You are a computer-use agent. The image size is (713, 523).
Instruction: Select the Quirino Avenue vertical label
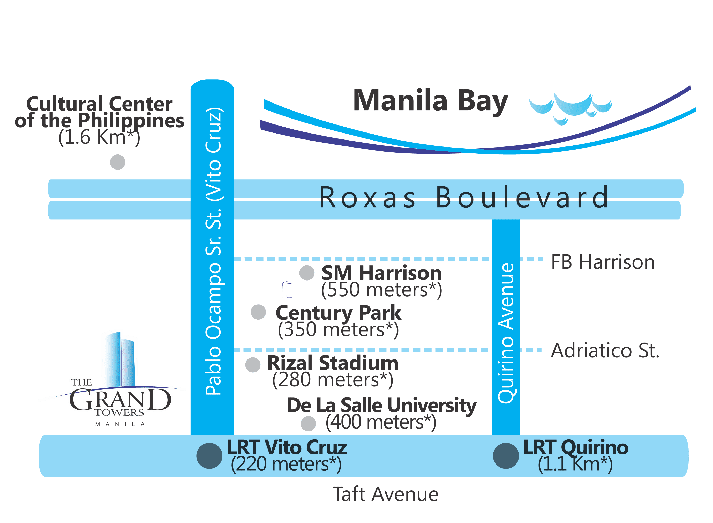coord(506,333)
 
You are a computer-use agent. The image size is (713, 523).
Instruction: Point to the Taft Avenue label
coord(385,495)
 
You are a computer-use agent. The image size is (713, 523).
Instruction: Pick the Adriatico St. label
coord(605,351)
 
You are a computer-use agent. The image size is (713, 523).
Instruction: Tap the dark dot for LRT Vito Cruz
coord(209,456)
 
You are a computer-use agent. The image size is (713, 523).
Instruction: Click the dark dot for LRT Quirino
coord(506,456)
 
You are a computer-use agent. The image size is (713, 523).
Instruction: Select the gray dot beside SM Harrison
coord(307,273)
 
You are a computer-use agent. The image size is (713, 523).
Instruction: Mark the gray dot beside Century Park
coord(258,312)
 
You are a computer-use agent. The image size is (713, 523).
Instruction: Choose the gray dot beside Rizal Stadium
coord(253,365)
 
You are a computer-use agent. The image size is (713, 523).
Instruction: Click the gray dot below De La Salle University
coord(308,424)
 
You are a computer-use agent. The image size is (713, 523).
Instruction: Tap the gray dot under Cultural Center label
coord(118,163)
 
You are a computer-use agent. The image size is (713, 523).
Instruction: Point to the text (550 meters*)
coord(381,290)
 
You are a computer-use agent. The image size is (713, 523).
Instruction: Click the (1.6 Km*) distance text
coord(99,138)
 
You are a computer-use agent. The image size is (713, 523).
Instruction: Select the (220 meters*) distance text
coord(286,465)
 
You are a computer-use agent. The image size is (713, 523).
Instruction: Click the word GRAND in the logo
coord(120,401)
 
